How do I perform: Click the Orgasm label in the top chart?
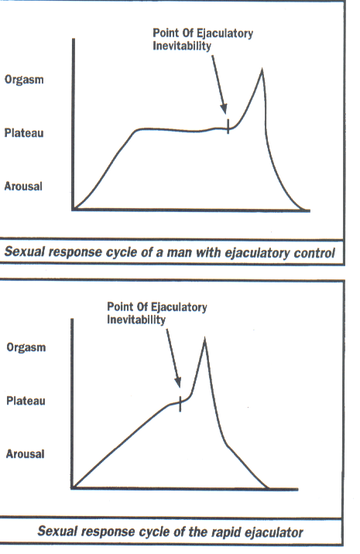pyautogui.click(x=24, y=80)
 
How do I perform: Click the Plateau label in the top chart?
pyautogui.click(x=24, y=133)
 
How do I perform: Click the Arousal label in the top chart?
pyautogui.click(x=23, y=186)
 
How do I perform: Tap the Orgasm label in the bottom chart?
pyautogui.click(x=26, y=347)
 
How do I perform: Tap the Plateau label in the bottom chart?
pyautogui.click(x=26, y=401)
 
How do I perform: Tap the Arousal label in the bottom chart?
pyautogui.click(x=25, y=453)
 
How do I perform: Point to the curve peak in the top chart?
pyautogui.click(x=262, y=70)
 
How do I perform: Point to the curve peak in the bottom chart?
pyautogui.click(x=204, y=340)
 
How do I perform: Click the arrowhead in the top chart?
pyautogui.click(x=224, y=108)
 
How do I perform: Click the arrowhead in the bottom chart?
pyautogui.click(x=178, y=382)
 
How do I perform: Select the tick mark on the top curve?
pyautogui.click(x=228, y=126)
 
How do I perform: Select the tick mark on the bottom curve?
pyautogui.click(x=180, y=403)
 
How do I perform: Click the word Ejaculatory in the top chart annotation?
pyautogui.click(x=225, y=33)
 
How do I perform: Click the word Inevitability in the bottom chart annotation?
pyautogui.click(x=136, y=320)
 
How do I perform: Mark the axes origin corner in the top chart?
pyautogui.click(x=74, y=210)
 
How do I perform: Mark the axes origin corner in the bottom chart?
pyautogui.click(x=72, y=488)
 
